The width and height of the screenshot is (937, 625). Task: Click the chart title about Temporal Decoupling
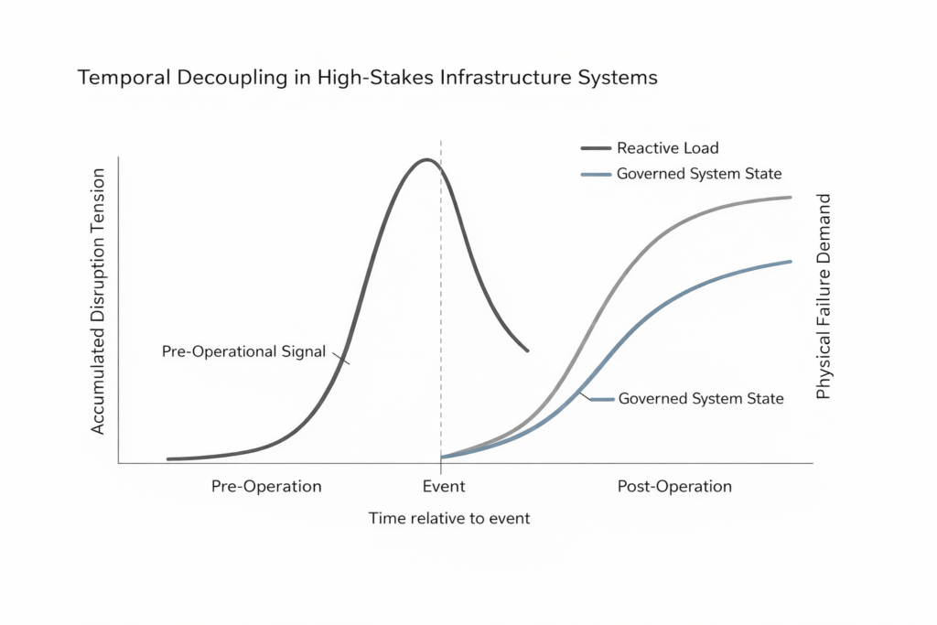(x=368, y=78)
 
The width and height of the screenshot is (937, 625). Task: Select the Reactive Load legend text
(x=667, y=148)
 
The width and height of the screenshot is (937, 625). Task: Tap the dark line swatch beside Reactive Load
(x=595, y=148)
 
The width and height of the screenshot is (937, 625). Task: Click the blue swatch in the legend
(x=595, y=174)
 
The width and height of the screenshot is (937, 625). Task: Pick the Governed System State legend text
(x=699, y=174)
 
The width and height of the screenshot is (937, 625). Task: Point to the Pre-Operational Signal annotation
(x=243, y=351)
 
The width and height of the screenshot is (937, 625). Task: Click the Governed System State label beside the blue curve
(x=701, y=399)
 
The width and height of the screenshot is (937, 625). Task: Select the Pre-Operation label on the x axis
(x=266, y=487)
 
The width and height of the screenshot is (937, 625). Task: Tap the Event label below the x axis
(x=444, y=487)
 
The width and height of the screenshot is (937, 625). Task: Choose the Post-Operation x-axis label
(x=674, y=487)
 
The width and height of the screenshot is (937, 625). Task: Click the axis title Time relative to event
(x=449, y=519)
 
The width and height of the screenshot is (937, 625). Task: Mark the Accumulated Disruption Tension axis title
(x=100, y=302)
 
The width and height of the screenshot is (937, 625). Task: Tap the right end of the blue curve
(x=790, y=262)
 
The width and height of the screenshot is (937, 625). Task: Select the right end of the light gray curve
(x=790, y=197)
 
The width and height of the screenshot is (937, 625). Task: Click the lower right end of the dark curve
(x=528, y=350)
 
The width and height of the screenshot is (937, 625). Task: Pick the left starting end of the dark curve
(x=169, y=458)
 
